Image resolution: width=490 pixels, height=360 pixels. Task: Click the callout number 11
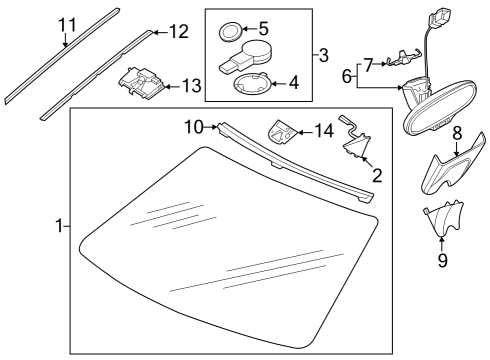tap(68, 25)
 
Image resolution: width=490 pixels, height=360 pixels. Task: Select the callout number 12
tap(179, 32)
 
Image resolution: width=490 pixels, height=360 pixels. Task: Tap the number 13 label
tap(192, 86)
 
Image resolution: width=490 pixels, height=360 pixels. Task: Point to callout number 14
tap(324, 131)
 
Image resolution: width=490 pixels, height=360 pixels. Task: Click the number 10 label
tap(194, 127)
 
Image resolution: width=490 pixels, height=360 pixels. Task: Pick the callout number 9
tap(442, 260)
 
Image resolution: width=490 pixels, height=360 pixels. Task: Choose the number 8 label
tap(457, 133)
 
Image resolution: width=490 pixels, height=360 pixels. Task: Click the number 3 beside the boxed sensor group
tap(323, 55)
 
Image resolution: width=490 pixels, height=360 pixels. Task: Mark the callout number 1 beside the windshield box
tap(59, 226)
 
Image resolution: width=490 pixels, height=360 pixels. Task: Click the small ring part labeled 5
tap(230, 32)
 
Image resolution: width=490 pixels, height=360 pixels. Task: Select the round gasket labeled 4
tap(252, 84)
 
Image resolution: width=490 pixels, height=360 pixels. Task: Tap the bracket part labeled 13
tap(141, 83)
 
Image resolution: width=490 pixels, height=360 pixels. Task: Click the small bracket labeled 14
tap(282, 132)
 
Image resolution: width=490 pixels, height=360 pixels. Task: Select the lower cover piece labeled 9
tap(443, 219)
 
